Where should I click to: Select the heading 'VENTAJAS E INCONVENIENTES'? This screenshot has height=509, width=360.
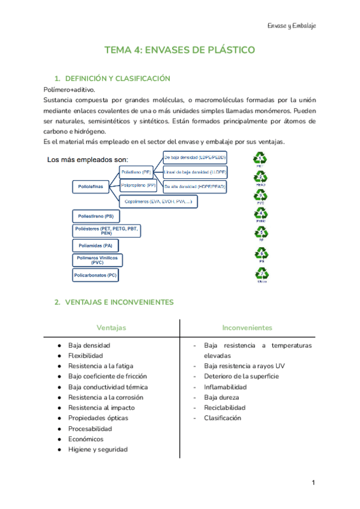point(119,302)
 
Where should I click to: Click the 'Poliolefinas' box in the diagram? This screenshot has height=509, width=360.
point(91,187)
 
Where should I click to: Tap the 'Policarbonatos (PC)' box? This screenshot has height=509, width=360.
point(95,276)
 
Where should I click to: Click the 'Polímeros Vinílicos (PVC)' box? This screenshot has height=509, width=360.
point(97,260)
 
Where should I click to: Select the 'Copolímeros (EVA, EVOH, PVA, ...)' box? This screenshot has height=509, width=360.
point(158,202)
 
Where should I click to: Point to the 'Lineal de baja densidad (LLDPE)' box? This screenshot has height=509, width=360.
point(195,172)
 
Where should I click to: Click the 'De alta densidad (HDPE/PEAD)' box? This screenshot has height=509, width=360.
point(194,187)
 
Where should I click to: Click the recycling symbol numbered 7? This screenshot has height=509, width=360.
point(261,274)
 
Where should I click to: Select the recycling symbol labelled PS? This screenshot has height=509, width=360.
point(261,254)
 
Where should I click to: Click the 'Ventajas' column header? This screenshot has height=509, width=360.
point(111,328)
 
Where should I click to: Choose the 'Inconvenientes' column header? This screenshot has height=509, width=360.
point(247,328)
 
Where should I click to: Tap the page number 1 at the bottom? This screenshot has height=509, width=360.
point(313,483)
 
